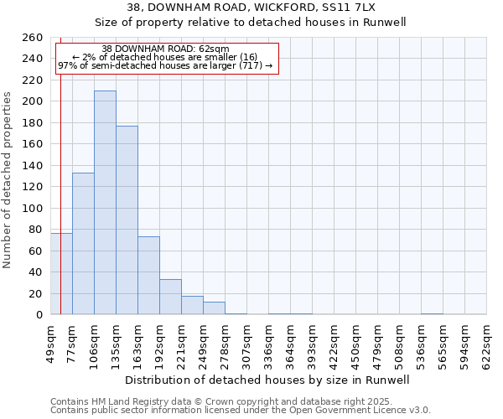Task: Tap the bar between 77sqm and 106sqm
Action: [x=83, y=243]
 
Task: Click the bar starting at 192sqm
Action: [x=170, y=297]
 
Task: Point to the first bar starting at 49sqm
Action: [x=61, y=273]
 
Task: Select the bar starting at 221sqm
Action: [x=192, y=305]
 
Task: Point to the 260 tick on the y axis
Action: [x=33, y=38]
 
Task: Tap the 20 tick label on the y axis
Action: [x=36, y=293]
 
